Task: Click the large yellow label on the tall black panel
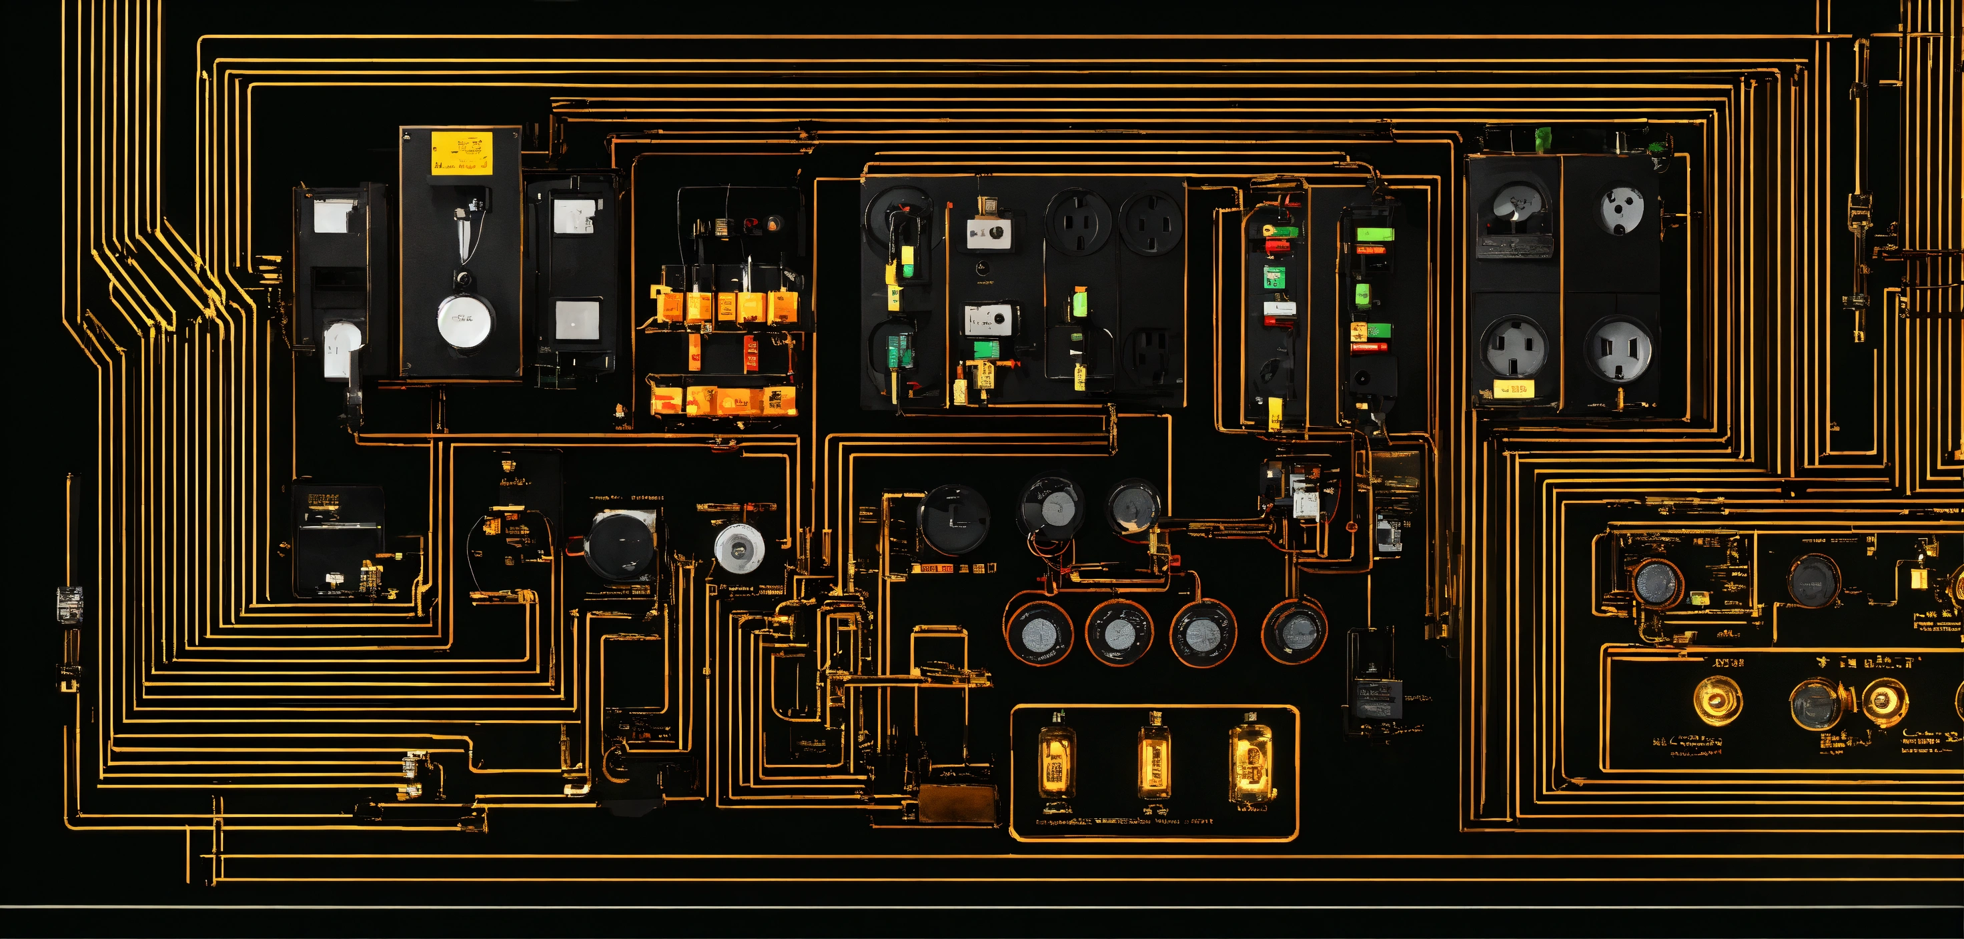[x=461, y=153]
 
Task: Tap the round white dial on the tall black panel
[x=464, y=321]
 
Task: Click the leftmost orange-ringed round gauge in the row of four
[x=1039, y=633]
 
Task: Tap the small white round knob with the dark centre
[x=739, y=548]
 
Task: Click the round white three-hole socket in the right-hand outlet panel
[x=1622, y=207]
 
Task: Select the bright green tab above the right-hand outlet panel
[x=1544, y=138]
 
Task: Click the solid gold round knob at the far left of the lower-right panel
[x=1717, y=699]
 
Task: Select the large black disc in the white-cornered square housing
[x=620, y=545]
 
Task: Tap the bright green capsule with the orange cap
[x=1079, y=303]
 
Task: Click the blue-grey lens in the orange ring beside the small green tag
[x=1655, y=584]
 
